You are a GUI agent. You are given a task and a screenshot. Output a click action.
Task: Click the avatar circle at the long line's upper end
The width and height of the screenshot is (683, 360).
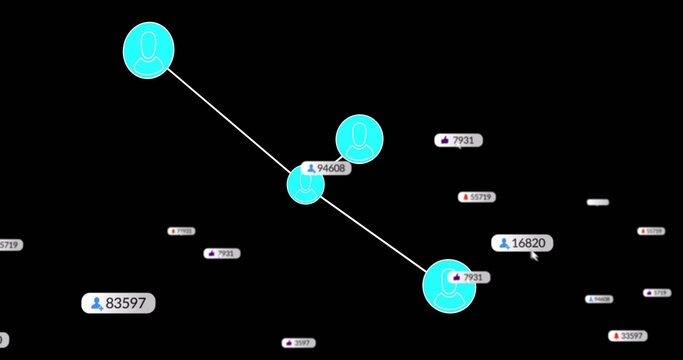click(148, 51)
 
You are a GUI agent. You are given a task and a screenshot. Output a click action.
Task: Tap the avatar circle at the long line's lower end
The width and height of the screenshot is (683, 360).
click(449, 286)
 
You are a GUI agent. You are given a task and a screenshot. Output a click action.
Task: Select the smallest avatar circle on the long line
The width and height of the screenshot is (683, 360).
click(306, 186)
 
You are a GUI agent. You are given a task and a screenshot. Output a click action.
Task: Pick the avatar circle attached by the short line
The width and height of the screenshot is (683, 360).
click(359, 139)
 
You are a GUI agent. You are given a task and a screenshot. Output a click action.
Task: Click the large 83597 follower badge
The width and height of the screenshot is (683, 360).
click(119, 303)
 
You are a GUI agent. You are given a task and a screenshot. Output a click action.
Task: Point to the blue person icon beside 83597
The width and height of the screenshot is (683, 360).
click(96, 303)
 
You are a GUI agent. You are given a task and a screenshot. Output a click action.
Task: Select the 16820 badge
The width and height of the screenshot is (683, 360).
click(522, 243)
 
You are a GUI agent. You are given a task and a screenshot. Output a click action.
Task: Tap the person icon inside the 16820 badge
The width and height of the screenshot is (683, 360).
click(502, 243)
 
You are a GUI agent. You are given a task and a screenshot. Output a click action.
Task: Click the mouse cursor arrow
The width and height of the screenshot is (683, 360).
click(535, 256)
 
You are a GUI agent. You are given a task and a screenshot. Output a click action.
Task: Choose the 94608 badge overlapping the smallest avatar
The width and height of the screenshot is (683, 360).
click(326, 169)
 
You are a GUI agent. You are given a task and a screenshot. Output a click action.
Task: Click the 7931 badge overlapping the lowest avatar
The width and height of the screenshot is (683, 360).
click(468, 277)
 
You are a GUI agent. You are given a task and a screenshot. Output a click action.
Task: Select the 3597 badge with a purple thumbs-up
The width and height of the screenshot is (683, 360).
click(297, 343)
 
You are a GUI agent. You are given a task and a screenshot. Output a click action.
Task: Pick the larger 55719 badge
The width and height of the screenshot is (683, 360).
click(477, 197)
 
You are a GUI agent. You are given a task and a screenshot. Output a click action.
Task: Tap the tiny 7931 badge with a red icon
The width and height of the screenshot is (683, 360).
click(181, 231)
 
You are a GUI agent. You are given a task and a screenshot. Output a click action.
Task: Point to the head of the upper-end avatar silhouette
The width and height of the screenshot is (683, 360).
click(149, 43)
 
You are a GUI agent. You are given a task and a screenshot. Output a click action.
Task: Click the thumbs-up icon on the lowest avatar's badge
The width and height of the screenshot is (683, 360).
click(458, 277)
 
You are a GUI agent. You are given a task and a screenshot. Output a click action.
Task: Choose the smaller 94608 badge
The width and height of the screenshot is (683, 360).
click(599, 299)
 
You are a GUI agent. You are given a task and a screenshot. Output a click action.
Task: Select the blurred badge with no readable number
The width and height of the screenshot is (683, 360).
click(597, 202)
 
